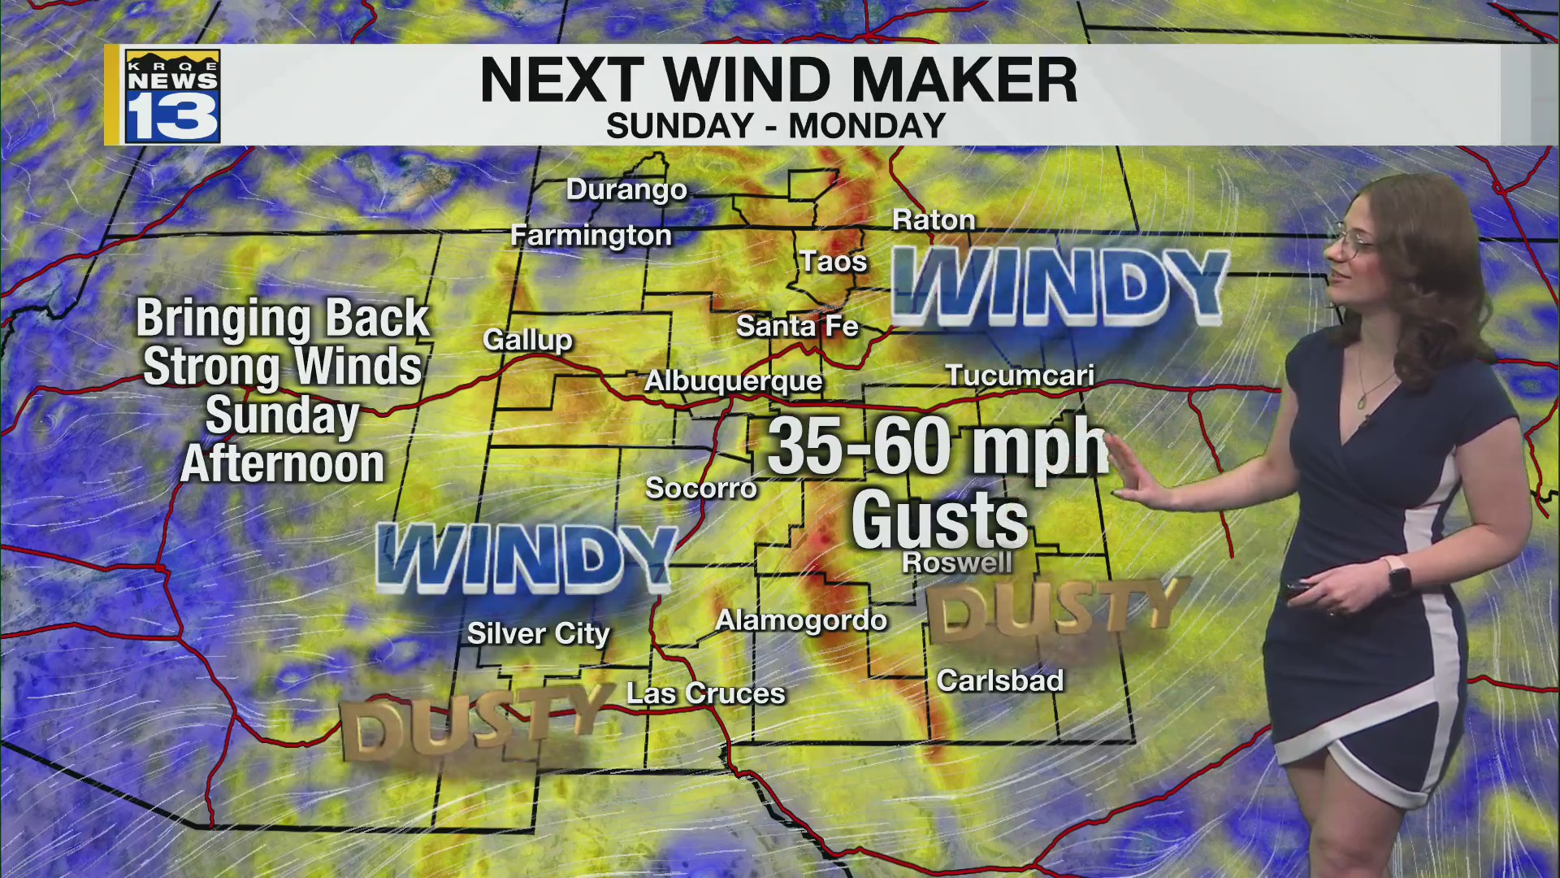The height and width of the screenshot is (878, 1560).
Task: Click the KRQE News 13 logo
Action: point(172,96)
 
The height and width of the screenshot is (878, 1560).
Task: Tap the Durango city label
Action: point(626,189)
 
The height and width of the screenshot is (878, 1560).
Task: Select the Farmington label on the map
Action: point(591,236)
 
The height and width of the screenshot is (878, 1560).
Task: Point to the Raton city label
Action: point(934,219)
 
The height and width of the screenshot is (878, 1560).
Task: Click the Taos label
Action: point(833,262)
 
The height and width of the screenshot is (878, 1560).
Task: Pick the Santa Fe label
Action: point(797,327)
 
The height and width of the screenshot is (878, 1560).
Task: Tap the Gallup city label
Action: point(527,339)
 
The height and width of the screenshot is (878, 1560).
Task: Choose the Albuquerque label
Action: point(733,380)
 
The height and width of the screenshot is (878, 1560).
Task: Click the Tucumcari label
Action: point(1020,376)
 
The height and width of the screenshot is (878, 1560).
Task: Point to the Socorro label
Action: point(700,488)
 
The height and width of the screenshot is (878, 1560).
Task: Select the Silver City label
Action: point(538,634)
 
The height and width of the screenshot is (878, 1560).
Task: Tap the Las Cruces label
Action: point(705,693)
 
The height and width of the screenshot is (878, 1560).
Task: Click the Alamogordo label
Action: point(801,621)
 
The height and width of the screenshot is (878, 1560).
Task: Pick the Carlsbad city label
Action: point(999,680)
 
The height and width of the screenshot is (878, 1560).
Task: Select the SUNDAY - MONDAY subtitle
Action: point(776,126)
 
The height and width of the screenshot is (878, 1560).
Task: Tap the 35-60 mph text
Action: point(937,446)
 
